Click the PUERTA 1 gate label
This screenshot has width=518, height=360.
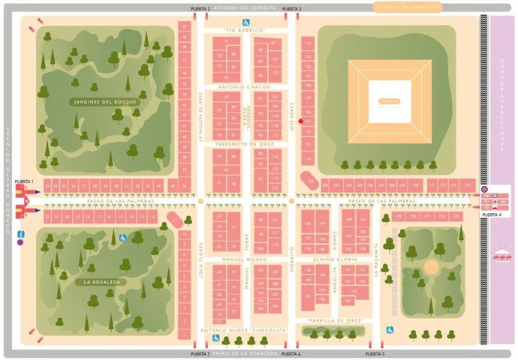[x=24, y=181]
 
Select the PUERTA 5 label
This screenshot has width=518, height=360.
[x=374, y=353]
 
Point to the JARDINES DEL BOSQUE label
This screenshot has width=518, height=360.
[x=105, y=101]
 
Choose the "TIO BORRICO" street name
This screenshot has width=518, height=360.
[x=245, y=30]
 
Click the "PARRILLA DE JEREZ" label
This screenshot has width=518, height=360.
[x=342, y=320]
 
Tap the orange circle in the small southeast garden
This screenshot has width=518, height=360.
[x=431, y=266]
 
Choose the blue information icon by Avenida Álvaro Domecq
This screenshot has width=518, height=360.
[x=20, y=242]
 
